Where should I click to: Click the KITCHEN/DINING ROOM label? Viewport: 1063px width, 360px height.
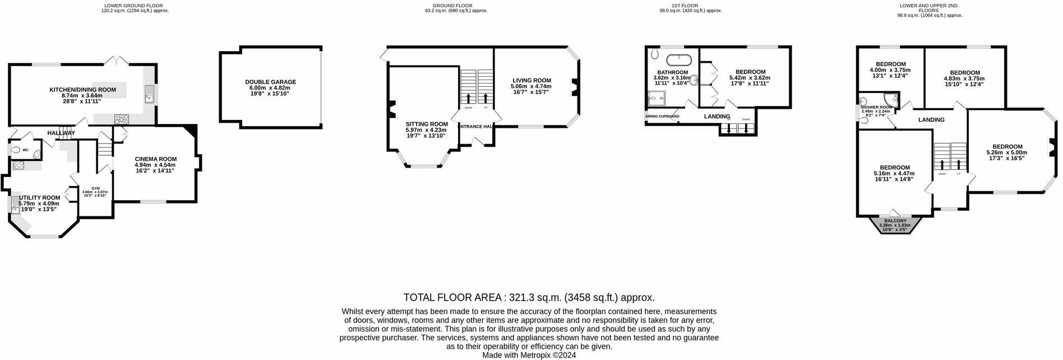(x=82, y=90)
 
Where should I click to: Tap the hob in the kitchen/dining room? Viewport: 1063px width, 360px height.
(x=121, y=118)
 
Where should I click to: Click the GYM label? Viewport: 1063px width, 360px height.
(x=95, y=188)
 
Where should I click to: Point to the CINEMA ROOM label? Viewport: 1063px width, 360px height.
(x=155, y=159)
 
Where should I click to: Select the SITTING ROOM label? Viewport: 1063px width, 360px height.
(x=427, y=124)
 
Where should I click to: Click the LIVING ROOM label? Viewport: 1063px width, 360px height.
(x=530, y=80)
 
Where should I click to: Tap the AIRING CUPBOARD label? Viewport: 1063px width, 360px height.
(x=662, y=117)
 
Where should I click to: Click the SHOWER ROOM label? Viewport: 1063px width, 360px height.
(x=876, y=107)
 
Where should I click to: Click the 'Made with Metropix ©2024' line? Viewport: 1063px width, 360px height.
(x=529, y=355)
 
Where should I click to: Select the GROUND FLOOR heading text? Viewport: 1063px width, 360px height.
(x=456, y=6)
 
